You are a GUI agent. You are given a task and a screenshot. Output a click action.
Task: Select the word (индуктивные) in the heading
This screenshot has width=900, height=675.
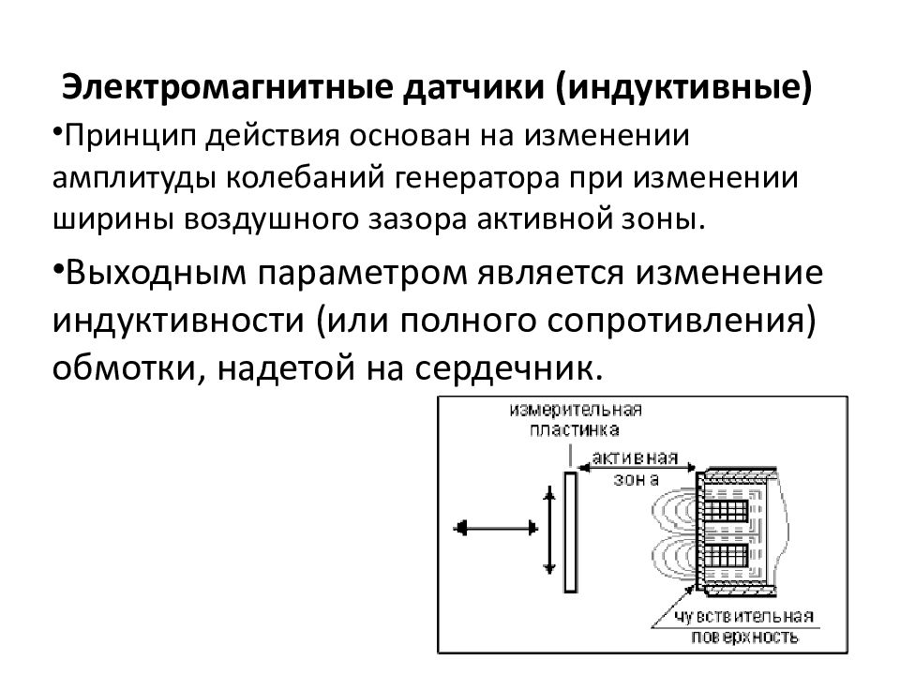click(684, 88)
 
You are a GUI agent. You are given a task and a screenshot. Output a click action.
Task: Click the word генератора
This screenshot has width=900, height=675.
click(477, 179)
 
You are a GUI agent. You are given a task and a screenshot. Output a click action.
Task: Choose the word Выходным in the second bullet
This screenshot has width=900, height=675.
click(156, 273)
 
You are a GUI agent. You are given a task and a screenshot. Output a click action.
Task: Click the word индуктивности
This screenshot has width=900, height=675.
click(178, 321)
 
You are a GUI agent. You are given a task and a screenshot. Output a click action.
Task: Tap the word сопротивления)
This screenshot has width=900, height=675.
click(681, 322)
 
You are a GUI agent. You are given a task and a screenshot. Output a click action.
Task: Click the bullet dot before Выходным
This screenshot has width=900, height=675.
click(58, 267)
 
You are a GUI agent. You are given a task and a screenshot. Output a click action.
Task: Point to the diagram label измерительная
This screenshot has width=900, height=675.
click(576, 411)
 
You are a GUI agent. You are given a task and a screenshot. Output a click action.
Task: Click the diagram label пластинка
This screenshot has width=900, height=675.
click(575, 430)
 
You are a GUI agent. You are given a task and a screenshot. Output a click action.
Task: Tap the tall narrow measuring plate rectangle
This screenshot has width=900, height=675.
click(570, 532)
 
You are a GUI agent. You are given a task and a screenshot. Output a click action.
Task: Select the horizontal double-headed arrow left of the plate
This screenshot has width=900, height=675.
click(495, 528)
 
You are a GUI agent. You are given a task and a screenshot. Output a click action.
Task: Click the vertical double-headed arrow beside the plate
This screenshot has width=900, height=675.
click(549, 531)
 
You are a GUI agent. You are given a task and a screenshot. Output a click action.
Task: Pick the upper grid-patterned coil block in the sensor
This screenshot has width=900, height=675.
click(726, 510)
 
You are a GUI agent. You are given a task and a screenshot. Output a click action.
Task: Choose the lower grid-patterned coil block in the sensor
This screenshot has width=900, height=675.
click(726, 555)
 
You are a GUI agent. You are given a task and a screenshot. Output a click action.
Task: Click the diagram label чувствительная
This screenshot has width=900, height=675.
click(743, 617)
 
